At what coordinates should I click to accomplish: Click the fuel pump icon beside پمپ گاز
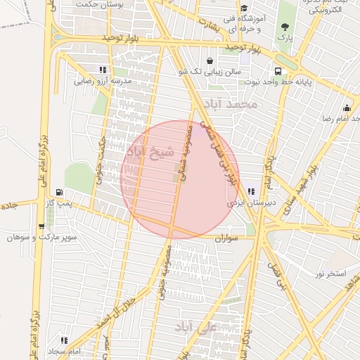pos(58,193)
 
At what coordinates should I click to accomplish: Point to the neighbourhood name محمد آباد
pos(231,105)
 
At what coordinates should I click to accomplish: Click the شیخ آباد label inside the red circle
pos(146,153)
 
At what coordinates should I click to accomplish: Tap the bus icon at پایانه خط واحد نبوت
pos(279,71)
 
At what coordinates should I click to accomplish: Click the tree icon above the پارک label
pos(285,26)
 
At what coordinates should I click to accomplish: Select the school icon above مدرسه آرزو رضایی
pos(103,70)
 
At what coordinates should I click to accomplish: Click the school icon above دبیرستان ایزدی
pos(251,191)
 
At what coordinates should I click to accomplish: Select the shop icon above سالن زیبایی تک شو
pos(211,60)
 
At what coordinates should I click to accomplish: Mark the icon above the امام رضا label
pos(346,108)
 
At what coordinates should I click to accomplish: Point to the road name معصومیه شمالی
pos(185,151)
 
